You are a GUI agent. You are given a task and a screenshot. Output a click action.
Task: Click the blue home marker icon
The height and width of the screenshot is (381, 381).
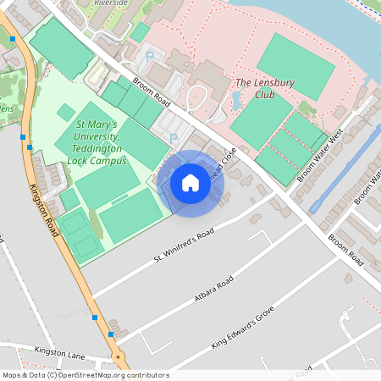190,182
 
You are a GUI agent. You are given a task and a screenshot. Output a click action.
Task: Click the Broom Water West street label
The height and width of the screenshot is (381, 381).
318,156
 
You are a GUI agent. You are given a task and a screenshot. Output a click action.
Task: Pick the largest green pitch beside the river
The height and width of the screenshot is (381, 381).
295,66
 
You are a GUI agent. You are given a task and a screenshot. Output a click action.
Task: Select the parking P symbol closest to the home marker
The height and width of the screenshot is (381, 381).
174,138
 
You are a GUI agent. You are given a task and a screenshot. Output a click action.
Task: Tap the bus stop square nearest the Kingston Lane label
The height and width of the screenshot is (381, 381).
111,335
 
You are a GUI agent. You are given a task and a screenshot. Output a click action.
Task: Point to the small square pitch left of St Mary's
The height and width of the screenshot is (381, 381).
65,112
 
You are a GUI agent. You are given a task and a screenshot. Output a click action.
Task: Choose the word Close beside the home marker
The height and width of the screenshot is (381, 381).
227,158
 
